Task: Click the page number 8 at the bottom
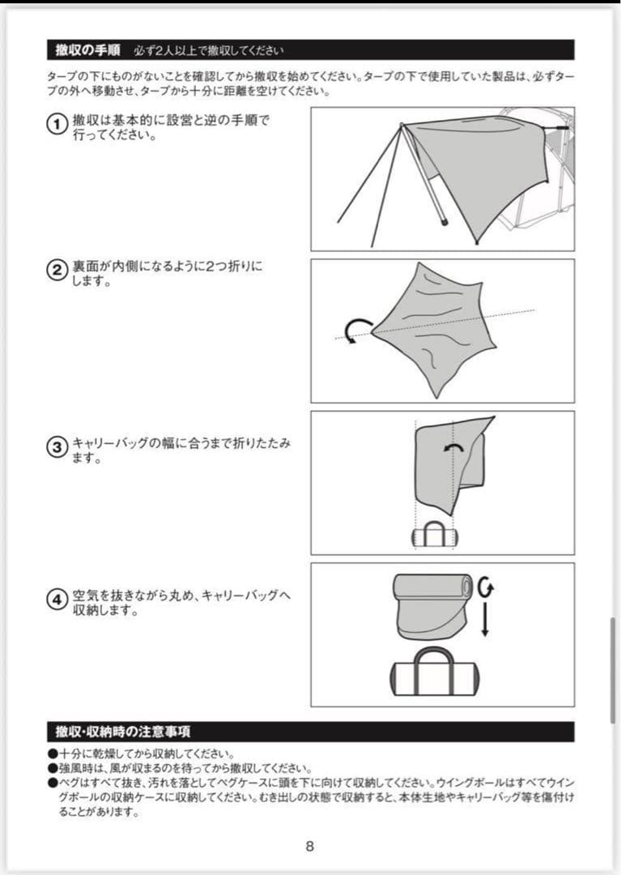(310, 847)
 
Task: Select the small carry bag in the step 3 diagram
(434, 536)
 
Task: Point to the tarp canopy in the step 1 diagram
(478, 162)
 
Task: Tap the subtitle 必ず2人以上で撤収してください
(209, 51)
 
